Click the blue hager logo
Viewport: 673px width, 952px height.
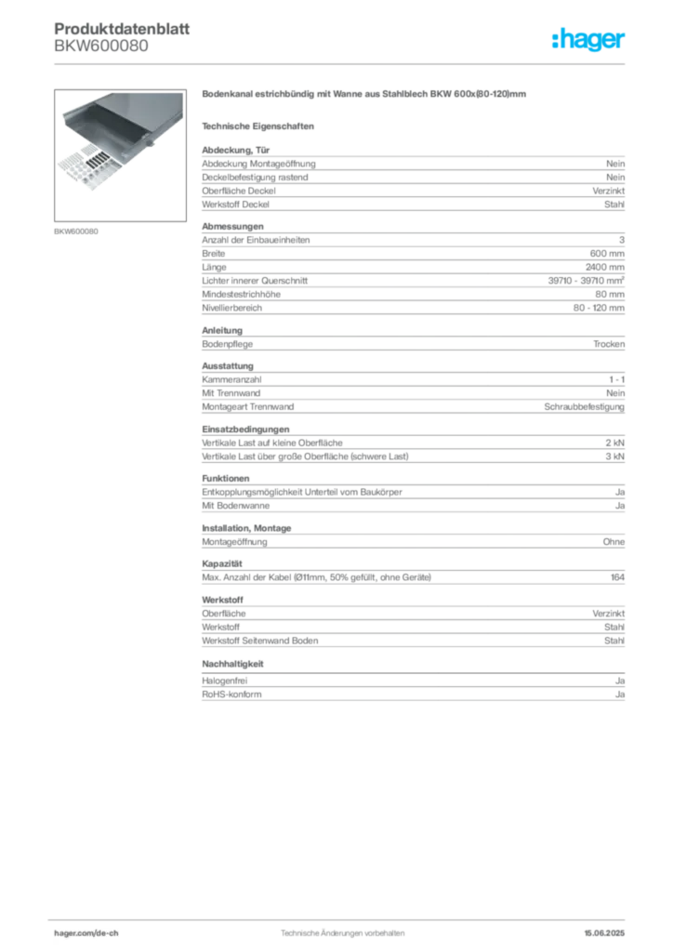coord(590,41)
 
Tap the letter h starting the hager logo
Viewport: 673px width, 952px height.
coord(556,41)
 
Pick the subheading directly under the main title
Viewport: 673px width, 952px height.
coord(261,125)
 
